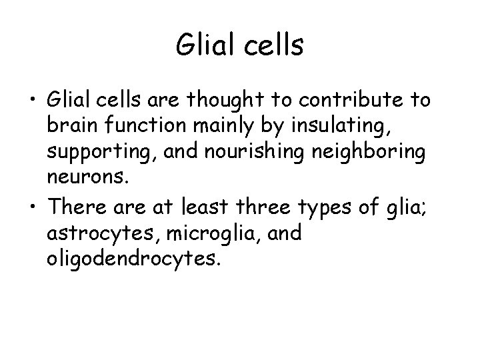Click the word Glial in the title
(x=205, y=46)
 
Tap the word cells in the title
(x=272, y=46)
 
